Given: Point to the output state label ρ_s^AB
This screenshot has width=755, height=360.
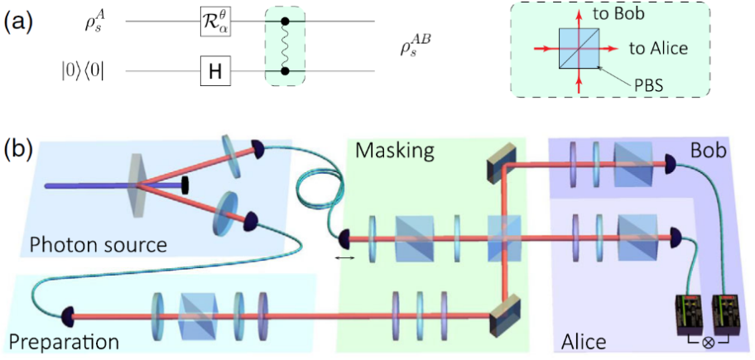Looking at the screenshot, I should (417, 47).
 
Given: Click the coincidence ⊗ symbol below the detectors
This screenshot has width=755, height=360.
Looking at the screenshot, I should (707, 340).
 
